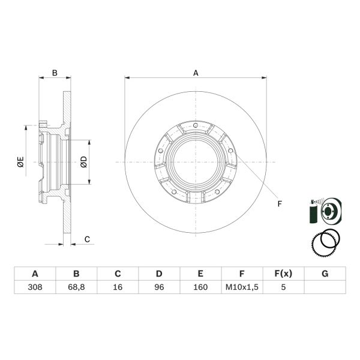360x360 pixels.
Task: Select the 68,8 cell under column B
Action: point(76,287)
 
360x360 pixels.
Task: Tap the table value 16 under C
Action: point(118,287)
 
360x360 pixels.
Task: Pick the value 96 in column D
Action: point(159,287)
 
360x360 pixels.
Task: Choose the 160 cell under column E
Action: point(200,287)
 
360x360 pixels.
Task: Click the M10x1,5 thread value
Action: point(242,287)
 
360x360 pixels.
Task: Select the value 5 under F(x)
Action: point(283,287)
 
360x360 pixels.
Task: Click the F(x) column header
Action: point(283,274)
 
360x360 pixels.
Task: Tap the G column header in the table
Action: point(325,274)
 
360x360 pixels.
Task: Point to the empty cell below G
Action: point(325,287)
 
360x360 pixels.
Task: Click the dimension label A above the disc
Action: point(196,73)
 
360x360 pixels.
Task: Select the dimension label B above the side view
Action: point(55,73)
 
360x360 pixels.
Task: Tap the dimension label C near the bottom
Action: point(86,239)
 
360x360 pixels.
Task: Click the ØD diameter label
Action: point(83,161)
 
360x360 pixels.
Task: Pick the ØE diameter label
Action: point(20,161)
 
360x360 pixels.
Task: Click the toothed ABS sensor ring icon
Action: point(327,242)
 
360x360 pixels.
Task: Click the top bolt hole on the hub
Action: point(196,125)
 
